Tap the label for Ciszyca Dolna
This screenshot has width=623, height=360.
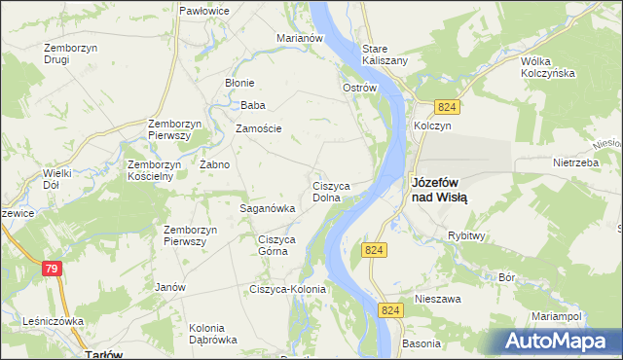coord(338,191)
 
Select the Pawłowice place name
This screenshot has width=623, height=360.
coord(204,11)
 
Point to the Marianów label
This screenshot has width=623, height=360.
coord(299,38)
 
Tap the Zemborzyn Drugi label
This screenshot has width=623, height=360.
coord(69,53)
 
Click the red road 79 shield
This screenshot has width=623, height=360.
coord(53,268)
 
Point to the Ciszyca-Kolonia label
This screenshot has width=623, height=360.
coord(288,289)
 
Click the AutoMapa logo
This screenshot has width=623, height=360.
coord(555,341)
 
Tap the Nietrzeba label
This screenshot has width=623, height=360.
coord(574,163)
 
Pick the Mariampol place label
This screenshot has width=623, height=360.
coord(557,317)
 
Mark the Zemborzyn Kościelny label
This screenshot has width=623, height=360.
coord(150,170)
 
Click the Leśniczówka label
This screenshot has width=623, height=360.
coord(53,320)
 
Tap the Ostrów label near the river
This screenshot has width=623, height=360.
coord(359,88)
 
